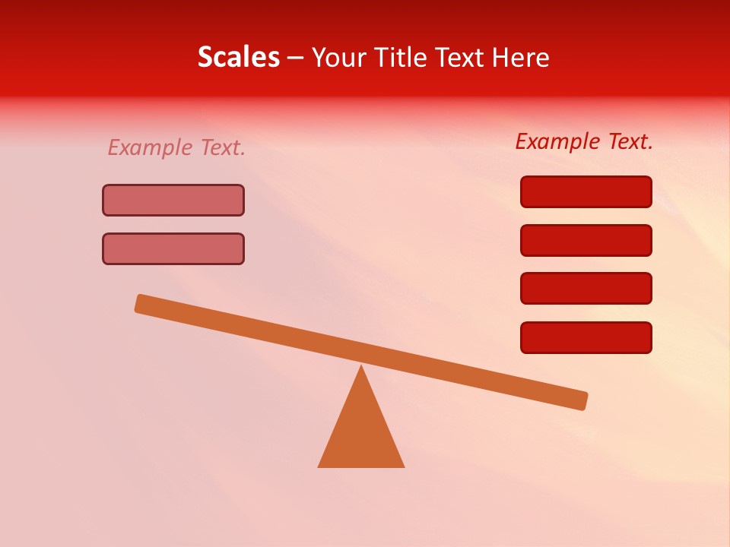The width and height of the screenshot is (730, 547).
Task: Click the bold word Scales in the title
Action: tap(238, 57)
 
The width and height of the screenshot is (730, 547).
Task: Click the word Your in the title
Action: tap(339, 57)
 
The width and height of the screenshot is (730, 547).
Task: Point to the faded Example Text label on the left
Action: tap(176, 147)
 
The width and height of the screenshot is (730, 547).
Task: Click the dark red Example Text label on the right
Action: tap(584, 141)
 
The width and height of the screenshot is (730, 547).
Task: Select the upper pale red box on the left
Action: tap(173, 200)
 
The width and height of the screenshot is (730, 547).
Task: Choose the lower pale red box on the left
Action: tap(173, 248)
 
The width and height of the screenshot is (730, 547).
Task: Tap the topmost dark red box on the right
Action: tap(586, 191)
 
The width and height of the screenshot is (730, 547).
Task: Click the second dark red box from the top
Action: tap(586, 240)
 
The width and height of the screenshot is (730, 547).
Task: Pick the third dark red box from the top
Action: tap(586, 288)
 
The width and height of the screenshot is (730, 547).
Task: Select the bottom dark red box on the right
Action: tap(586, 337)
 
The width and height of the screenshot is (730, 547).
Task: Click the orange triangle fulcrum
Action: tap(361, 433)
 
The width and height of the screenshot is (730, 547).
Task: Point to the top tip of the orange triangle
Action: tap(361, 367)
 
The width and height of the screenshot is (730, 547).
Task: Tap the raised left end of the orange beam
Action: tap(141, 303)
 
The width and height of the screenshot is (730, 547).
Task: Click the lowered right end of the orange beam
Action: tap(581, 400)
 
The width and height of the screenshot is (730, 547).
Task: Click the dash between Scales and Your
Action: tap(295, 58)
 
